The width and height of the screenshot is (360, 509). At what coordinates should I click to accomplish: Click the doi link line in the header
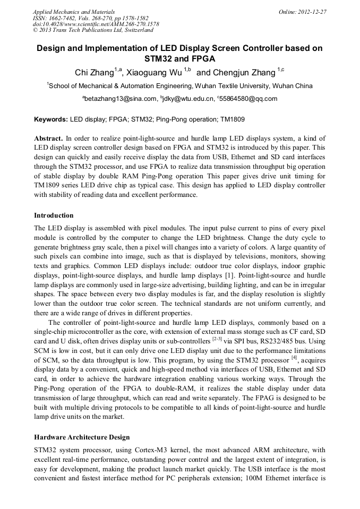pos(96,24)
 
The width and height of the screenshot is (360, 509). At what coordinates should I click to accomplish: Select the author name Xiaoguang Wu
pos(153,71)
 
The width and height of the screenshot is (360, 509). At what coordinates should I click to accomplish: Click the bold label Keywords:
pos(51,120)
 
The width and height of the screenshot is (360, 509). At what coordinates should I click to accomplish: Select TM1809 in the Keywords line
pos(231,120)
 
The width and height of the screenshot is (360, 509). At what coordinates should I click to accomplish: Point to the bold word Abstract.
pos(48,137)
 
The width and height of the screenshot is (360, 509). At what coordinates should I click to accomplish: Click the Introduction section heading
pos(54,215)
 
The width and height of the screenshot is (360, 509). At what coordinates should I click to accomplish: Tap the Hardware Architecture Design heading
pos(82,437)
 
